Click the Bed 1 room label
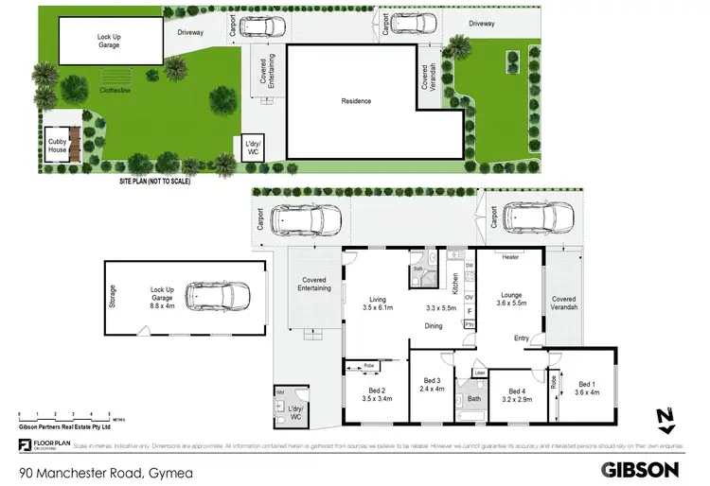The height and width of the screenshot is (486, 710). [588, 388]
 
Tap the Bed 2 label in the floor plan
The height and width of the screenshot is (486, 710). [377, 394]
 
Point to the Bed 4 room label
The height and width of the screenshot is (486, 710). [516, 394]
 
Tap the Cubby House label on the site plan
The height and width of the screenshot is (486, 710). [58, 145]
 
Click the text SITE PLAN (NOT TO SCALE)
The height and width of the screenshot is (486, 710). [154, 181]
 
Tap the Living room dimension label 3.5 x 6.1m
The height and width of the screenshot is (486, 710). [378, 304]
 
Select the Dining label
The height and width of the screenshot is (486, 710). [434, 326]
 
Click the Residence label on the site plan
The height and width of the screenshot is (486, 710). [356, 101]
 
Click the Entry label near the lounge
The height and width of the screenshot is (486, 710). [522, 338]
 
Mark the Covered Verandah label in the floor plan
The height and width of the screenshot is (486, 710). [563, 303]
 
